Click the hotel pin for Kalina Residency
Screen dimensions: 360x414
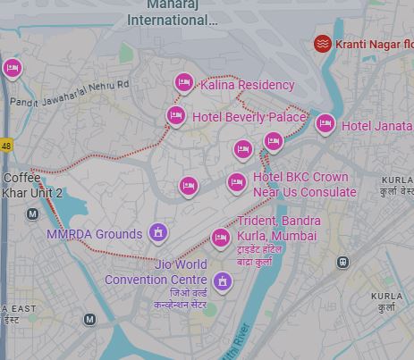point(184,82)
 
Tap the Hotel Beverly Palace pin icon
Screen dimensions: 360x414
point(176,115)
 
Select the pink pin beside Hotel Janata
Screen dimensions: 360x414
point(325,123)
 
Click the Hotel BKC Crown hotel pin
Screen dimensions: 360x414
point(237,182)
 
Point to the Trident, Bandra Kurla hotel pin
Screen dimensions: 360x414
point(221,237)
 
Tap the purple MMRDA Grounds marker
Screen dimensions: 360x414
point(158,233)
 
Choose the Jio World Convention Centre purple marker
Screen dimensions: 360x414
point(223,282)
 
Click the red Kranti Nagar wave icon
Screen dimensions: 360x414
point(323,43)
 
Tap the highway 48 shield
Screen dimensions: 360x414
point(6,145)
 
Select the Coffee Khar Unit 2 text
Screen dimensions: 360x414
point(32,186)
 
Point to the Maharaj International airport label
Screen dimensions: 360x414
point(172,13)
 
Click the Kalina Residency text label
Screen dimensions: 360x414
point(248,85)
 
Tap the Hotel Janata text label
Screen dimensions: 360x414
point(376,126)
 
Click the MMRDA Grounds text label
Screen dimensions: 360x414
point(94,234)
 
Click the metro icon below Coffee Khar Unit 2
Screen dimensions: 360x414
point(33,213)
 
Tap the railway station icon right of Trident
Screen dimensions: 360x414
point(342,262)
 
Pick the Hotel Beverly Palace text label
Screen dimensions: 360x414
point(249,117)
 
